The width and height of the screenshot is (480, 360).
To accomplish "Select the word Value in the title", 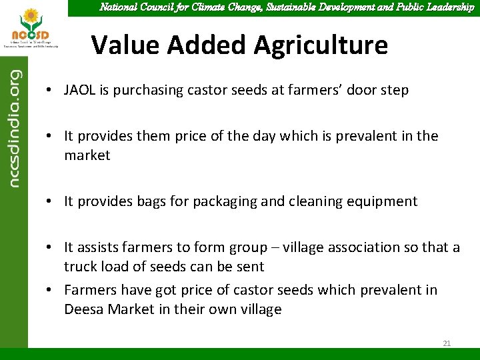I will [x=125, y=45].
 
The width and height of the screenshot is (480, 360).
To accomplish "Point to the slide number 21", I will [x=447, y=343].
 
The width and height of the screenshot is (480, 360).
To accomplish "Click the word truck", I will [x=79, y=267].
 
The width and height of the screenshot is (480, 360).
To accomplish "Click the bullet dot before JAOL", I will [x=50, y=91].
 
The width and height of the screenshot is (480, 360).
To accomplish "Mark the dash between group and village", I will [x=273, y=248].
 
